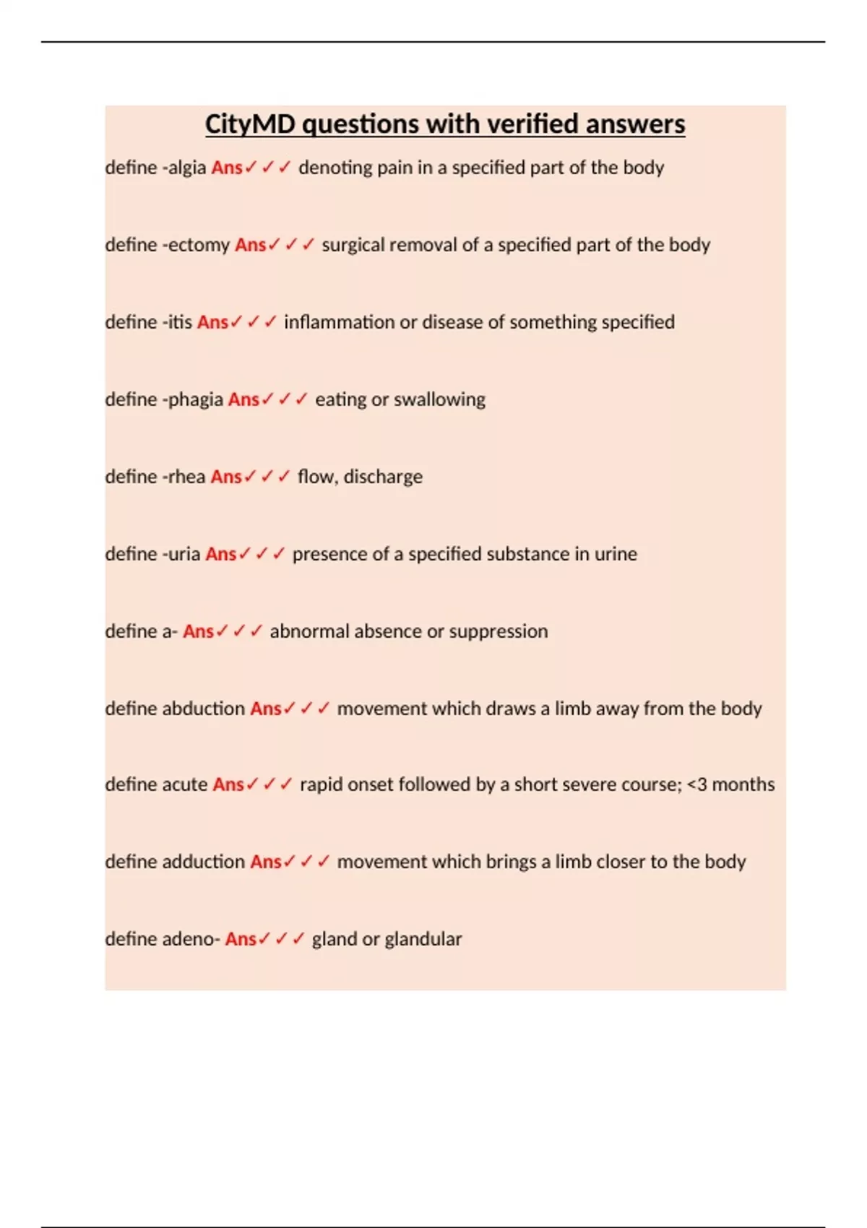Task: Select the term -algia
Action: tap(184, 168)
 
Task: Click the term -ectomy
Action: tap(196, 245)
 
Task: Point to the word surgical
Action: tap(353, 245)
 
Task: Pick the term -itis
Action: tap(177, 322)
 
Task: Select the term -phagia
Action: tap(193, 399)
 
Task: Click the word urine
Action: tap(616, 554)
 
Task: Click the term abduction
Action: tap(204, 709)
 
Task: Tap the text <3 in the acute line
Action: tap(696, 784)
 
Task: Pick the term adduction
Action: tap(204, 862)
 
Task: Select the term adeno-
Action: tap(191, 939)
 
